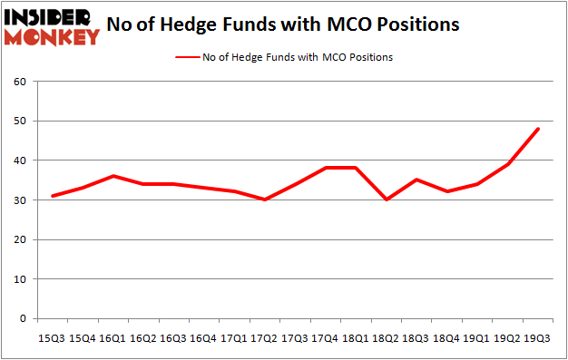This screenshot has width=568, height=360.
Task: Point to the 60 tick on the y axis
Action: (18, 82)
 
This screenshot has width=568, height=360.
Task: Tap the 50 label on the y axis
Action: (18, 122)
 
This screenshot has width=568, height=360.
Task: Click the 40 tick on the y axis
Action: (18, 161)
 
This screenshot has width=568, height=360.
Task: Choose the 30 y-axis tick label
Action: (18, 200)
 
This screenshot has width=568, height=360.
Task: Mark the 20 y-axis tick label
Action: (18, 240)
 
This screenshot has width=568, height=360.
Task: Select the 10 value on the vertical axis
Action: (18, 279)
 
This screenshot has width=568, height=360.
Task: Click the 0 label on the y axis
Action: (22, 319)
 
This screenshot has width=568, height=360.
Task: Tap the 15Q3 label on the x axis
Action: (52, 337)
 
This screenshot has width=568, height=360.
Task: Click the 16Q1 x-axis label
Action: (113, 337)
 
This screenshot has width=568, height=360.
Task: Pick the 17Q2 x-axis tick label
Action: (264, 337)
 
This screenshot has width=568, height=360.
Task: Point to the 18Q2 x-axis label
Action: (386, 337)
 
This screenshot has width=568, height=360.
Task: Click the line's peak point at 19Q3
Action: (538, 129)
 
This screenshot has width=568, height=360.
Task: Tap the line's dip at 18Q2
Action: (386, 199)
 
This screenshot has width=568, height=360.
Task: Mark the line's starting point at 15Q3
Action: (52, 196)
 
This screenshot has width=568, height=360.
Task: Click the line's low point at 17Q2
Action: (264, 199)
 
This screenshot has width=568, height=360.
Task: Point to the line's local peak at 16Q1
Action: (113, 176)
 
